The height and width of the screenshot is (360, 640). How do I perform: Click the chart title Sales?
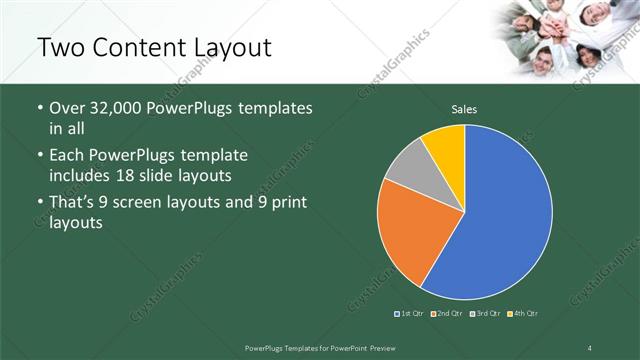464,108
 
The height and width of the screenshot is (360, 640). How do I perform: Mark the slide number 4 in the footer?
589,346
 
